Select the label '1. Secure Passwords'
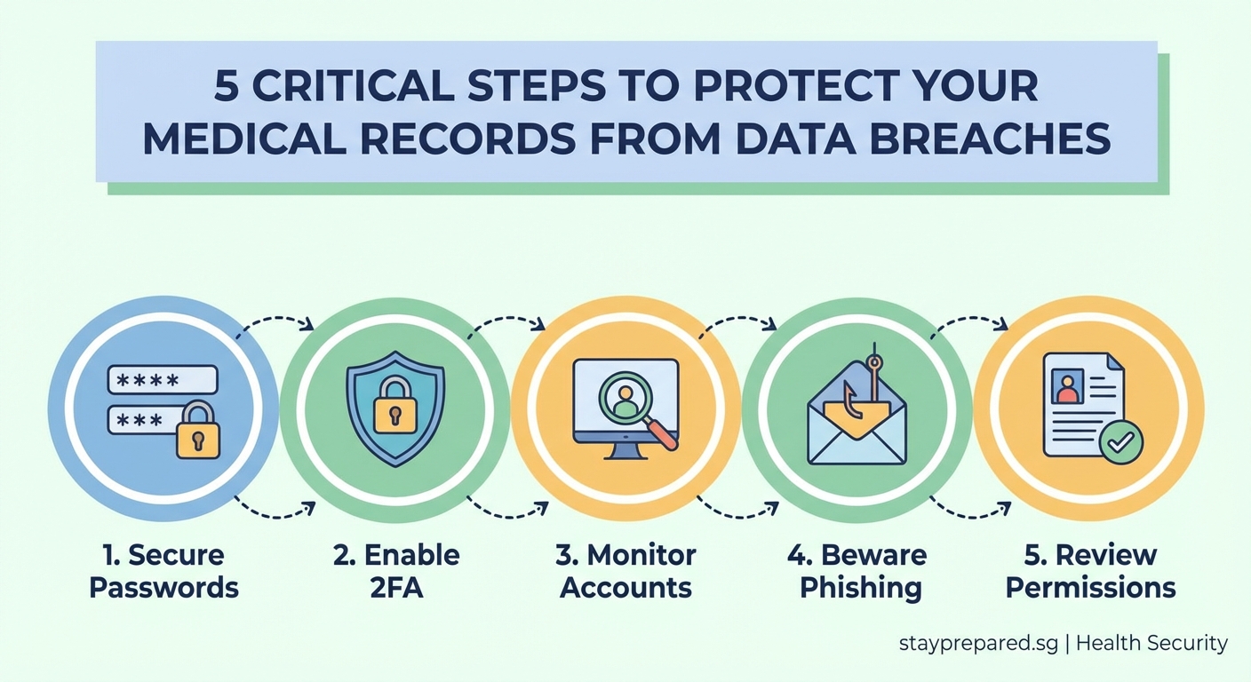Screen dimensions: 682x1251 pyautogui.click(x=164, y=571)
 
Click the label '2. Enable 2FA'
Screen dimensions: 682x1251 pyautogui.click(x=396, y=571)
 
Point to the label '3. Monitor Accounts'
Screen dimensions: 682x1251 pyautogui.click(x=625, y=571)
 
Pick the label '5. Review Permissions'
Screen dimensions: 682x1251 pyautogui.click(x=1090, y=571)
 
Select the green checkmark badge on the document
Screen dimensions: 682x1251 pyautogui.click(x=1120, y=441)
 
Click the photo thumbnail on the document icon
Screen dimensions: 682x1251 pyautogui.click(x=1065, y=387)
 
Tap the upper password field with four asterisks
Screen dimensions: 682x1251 pyautogui.click(x=162, y=380)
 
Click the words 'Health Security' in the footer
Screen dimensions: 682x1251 pyautogui.click(x=1151, y=644)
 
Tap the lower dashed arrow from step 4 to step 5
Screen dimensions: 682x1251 pyautogui.click(x=969, y=512)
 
